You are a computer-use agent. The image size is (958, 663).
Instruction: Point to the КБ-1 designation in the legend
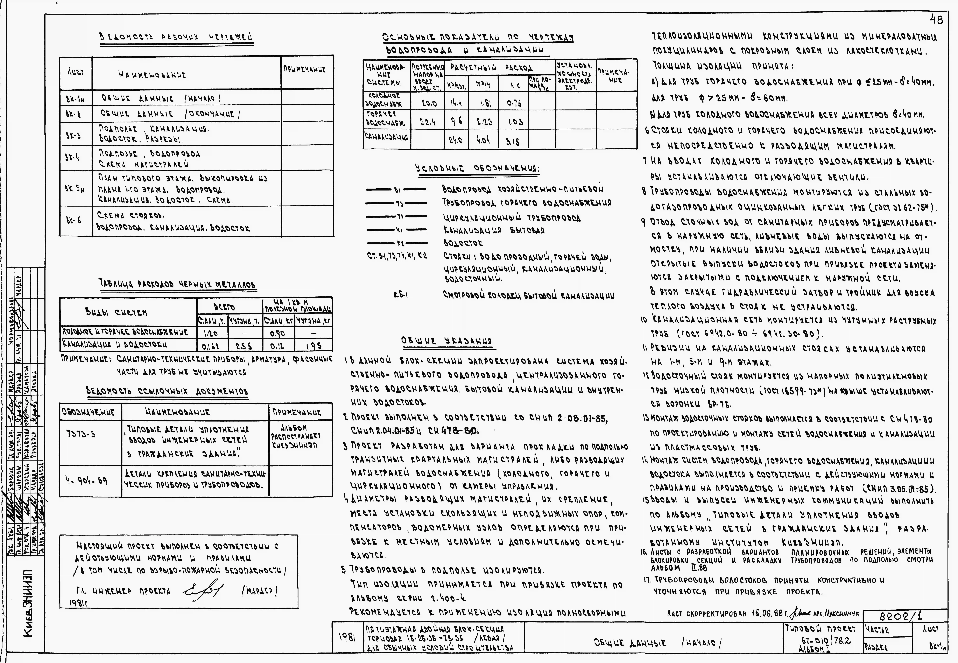[400, 295]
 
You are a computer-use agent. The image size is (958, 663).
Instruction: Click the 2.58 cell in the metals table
[245, 346]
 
